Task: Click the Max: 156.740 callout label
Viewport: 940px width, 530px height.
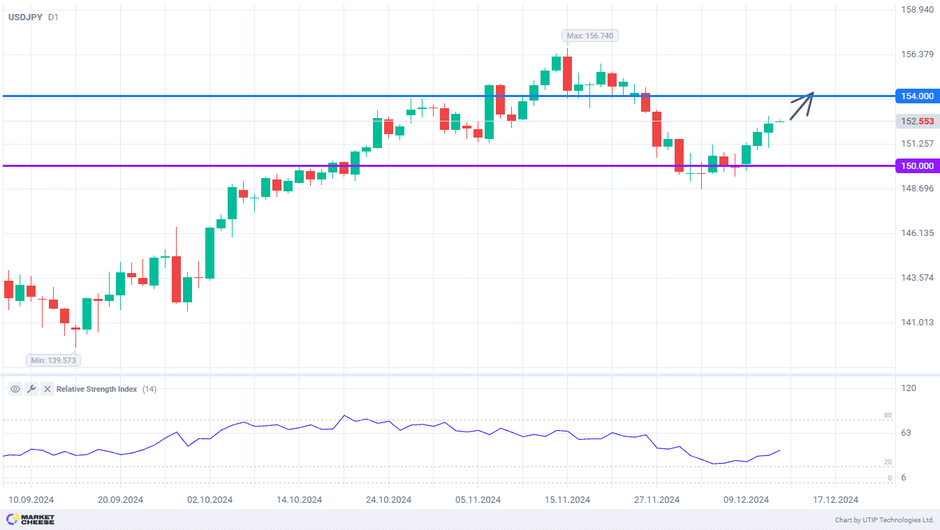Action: click(x=590, y=36)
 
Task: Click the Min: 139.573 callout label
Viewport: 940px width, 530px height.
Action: click(x=53, y=360)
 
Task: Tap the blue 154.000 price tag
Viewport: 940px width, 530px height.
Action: click(x=917, y=96)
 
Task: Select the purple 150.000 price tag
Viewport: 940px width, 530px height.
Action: click(x=917, y=166)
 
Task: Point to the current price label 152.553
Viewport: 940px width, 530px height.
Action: click(x=917, y=122)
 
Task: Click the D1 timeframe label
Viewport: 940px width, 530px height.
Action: click(x=53, y=17)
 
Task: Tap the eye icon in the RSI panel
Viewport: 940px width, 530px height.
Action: click(x=15, y=389)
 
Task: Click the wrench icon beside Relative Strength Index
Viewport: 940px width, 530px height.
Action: click(x=31, y=389)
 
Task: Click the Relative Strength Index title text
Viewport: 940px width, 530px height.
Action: click(x=96, y=389)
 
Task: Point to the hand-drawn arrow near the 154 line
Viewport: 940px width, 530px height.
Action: click(x=802, y=105)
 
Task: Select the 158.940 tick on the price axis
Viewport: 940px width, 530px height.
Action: click(x=917, y=10)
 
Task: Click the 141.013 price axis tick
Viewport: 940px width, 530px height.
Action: click(x=917, y=323)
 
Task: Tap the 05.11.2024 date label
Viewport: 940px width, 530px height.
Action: click(x=478, y=500)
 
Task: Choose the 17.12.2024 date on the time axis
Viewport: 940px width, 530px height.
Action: click(x=835, y=500)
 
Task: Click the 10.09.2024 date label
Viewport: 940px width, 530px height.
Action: click(x=31, y=500)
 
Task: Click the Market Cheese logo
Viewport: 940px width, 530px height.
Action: click(x=30, y=520)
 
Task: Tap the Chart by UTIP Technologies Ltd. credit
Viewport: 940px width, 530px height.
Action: click(x=884, y=520)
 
